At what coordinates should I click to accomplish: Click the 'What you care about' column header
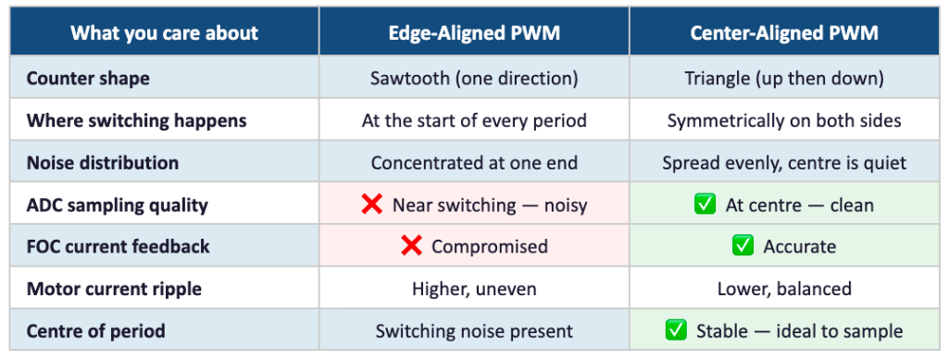(x=165, y=32)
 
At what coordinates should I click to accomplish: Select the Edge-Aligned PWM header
(x=474, y=32)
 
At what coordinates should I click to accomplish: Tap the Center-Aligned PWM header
(x=784, y=32)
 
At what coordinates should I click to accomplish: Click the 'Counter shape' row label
(x=88, y=79)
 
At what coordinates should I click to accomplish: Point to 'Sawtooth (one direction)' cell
(x=474, y=79)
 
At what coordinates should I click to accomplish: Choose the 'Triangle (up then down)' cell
(x=784, y=79)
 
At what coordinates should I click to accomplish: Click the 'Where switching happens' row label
(x=137, y=120)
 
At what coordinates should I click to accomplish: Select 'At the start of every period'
(x=474, y=120)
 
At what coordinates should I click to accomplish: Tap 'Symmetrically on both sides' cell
(x=784, y=120)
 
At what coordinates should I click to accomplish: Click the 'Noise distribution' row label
(x=102, y=163)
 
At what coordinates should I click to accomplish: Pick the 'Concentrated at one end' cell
(x=474, y=163)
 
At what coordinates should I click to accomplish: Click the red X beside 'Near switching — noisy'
(x=371, y=205)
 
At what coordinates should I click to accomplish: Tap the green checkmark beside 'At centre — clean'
(x=706, y=205)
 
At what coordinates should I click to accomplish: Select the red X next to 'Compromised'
(x=411, y=245)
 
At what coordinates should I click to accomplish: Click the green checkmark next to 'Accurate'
(x=743, y=245)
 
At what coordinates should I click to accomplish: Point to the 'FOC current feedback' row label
(x=118, y=246)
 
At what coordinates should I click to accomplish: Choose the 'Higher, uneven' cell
(x=474, y=289)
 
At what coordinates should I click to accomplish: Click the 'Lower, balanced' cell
(x=784, y=289)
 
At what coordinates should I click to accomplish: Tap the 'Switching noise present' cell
(x=474, y=331)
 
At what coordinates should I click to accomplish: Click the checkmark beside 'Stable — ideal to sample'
(x=676, y=329)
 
